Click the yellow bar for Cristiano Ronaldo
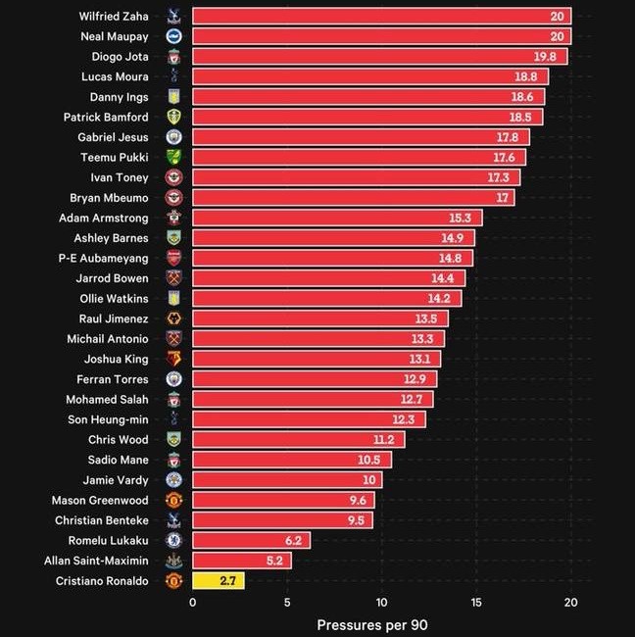click(x=219, y=580)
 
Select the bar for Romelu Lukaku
click(x=252, y=540)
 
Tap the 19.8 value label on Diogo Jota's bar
click(x=545, y=57)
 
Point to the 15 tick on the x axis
click(x=476, y=602)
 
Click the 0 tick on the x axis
click(x=193, y=602)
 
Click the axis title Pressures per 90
click(x=372, y=625)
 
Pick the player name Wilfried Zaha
click(x=114, y=17)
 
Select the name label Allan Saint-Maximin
click(x=96, y=561)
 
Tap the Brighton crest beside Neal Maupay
click(x=173, y=36)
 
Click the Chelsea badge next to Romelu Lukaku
click(x=173, y=540)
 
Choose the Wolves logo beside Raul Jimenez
click(x=173, y=318)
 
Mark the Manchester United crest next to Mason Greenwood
click(x=173, y=500)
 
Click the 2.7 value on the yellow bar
click(x=228, y=580)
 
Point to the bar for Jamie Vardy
click(x=287, y=480)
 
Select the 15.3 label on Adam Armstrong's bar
click(x=460, y=218)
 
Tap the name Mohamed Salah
click(x=107, y=399)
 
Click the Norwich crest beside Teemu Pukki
click(x=173, y=157)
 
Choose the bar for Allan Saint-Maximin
click(x=242, y=561)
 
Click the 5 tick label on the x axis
click(x=287, y=602)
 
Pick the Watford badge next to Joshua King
click(x=173, y=359)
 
